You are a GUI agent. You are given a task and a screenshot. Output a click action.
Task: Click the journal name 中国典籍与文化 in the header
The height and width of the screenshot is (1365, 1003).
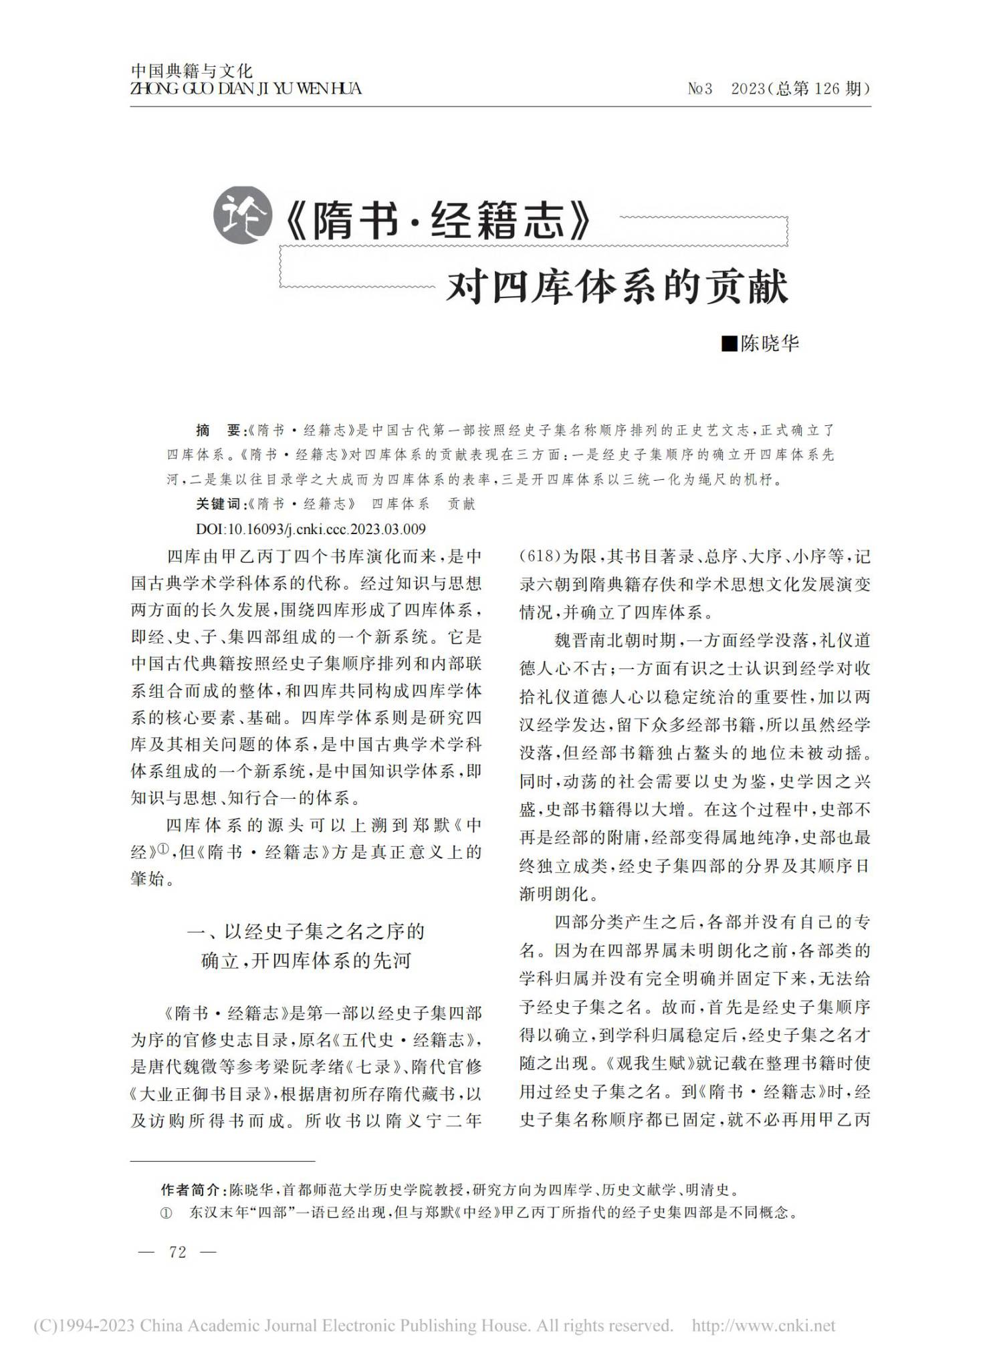tap(191, 70)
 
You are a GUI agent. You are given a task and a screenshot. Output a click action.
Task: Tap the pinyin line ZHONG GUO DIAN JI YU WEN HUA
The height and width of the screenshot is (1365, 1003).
tap(245, 88)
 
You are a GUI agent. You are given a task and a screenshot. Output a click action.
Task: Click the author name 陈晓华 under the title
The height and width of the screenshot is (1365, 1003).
tap(770, 344)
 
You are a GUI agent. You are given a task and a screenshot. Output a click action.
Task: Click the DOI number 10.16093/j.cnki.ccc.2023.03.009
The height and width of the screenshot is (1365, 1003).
tap(326, 529)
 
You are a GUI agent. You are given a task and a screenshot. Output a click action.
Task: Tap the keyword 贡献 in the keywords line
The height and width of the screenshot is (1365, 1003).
tap(461, 504)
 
